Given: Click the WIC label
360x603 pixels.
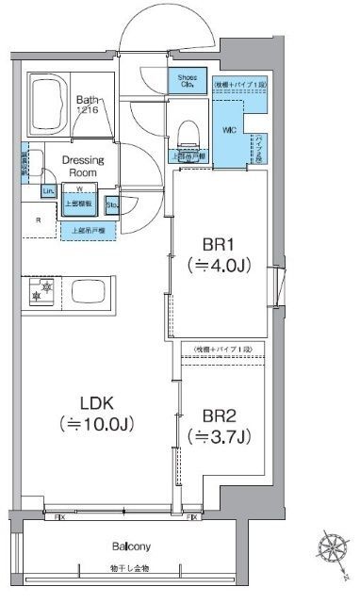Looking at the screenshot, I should pos(229,129).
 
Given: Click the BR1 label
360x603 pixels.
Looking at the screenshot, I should pos(217,243).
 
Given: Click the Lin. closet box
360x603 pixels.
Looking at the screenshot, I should pos(48,191).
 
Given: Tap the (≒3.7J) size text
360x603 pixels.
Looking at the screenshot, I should pos(218,436).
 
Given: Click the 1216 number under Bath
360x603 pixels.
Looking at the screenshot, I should pos(86,109).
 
